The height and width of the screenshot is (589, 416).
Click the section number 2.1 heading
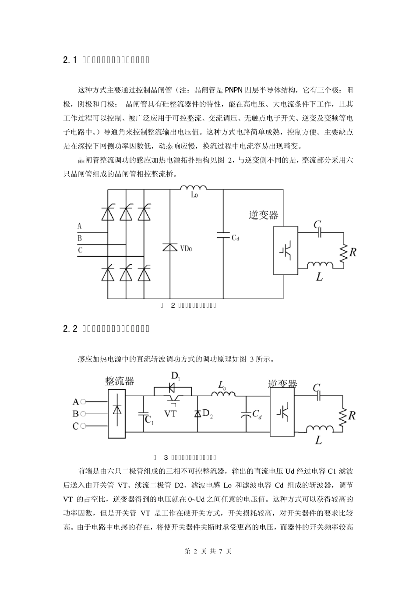tap(70, 60)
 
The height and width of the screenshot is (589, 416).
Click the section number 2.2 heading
tap(70, 328)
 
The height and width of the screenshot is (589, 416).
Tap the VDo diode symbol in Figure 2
tap(169, 248)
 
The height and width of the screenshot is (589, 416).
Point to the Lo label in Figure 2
tap(194, 195)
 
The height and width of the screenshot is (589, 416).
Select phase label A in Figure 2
tap(79, 227)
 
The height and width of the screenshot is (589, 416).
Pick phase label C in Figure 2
tap(80, 250)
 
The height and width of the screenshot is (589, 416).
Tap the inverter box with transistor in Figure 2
tap(286, 251)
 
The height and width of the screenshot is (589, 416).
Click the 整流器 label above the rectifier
tap(119, 380)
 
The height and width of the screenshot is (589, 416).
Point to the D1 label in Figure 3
tap(175, 376)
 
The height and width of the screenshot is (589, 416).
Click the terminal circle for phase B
tap(83, 413)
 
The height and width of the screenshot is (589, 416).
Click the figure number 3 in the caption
tap(166, 458)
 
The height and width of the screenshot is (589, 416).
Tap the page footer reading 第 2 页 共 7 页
tap(208, 551)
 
